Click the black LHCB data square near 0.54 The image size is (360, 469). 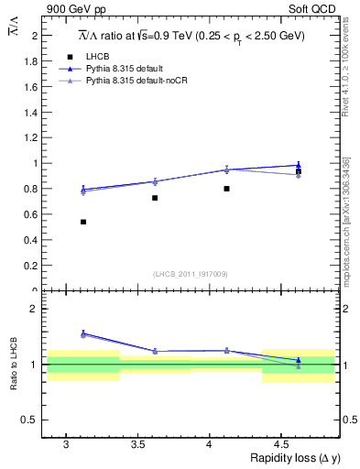83,222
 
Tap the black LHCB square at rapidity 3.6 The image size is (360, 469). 155,198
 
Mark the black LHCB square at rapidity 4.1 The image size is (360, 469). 226,189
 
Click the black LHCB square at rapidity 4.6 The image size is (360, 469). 298,171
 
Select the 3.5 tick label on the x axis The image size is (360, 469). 137,444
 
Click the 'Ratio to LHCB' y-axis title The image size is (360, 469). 13,364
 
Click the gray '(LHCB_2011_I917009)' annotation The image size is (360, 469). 191,274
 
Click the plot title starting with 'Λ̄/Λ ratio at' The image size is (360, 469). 191,35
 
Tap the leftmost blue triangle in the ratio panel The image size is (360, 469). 83,333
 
